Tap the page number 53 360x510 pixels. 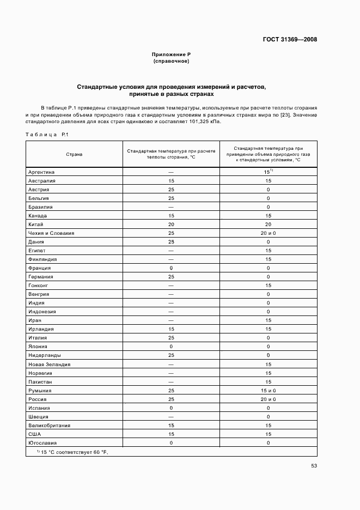click(x=314, y=465)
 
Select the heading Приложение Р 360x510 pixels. click(x=171, y=55)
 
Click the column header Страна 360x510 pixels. click(x=74, y=154)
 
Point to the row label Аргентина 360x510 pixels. click(x=44, y=172)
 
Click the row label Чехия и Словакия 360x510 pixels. click(x=51, y=233)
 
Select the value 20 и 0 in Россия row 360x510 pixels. click(x=268, y=399)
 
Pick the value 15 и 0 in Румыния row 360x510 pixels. click(x=268, y=391)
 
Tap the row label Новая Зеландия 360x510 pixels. click(x=49, y=365)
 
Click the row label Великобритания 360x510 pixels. click(x=49, y=426)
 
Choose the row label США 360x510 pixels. click(x=34, y=434)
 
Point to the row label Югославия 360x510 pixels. click(x=42, y=443)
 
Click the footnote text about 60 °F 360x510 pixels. click(x=72, y=452)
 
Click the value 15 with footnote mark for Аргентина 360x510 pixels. click(x=268, y=172)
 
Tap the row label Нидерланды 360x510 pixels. click(x=45, y=355)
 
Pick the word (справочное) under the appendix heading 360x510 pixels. click(x=171, y=62)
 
